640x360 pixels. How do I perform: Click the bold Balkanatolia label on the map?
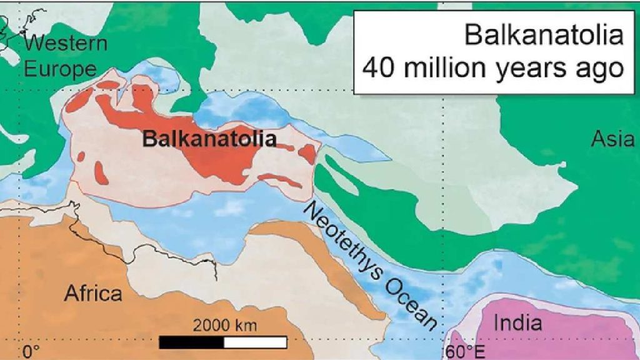pyautogui.click(x=209, y=138)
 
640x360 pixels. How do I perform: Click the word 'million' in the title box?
pyautogui.click(x=444, y=67)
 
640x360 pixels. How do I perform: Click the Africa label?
pyautogui.click(x=93, y=292)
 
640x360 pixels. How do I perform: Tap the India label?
pyautogui.click(x=517, y=323)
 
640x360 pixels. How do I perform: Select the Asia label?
pyautogui.click(x=612, y=139)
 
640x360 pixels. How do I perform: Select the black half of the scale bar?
pyautogui.click(x=191, y=342)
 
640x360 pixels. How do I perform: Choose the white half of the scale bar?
pyautogui.click(x=255, y=342)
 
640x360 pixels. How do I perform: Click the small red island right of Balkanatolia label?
pyautogui.click(x=307, y=153)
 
